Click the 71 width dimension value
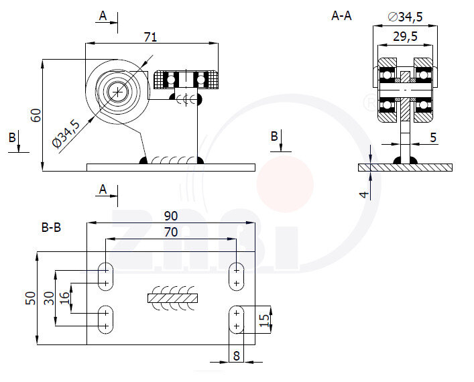151,37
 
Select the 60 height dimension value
37,115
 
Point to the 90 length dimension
171,216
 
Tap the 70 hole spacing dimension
171,232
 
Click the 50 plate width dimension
29,298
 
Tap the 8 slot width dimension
236,355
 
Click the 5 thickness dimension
433,137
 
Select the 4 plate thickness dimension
364,194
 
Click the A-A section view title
341,15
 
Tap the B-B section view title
51,228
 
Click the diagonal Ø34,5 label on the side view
67,133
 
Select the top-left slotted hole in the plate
106,275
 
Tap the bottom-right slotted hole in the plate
237,319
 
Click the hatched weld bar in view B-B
172,296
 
